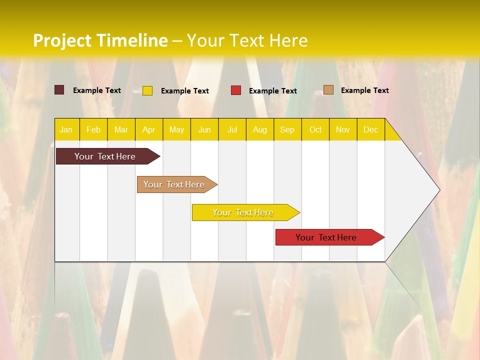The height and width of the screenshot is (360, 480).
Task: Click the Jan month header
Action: [x=66, y=130]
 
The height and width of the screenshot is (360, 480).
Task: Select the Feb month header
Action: [x=93, y=130]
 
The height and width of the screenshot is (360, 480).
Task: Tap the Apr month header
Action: [x=149, y=130]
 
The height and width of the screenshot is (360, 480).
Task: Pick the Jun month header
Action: [x=204, y=130]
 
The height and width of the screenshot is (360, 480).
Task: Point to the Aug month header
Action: [x=260, y=130]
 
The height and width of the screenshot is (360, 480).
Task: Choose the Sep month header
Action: [x=287, y=130]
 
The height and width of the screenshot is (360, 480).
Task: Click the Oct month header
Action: [x=315, y=130]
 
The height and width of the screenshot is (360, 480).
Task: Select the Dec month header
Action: [x=371, y=130]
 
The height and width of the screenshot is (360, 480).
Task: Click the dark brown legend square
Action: [x=59, y=90]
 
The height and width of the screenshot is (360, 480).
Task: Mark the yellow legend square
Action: [x=147, y=90]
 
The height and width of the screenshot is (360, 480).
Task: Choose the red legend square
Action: [x=236, y=90]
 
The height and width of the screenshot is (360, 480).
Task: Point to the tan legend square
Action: [x=328, y=90]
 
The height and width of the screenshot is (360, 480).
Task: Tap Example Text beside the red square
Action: [x=272, y=91]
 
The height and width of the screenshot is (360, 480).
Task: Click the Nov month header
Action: [x=343, y=130]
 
